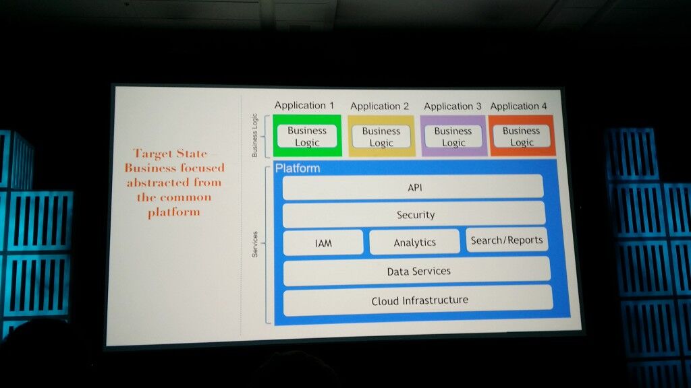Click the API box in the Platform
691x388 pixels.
click(413, 187)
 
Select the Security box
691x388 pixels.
click(414, 214)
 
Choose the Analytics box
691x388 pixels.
click(414, 243)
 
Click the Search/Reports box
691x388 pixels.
click(506, 240)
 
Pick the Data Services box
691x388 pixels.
click(417, 271)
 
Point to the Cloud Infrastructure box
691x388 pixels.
click(418, 300)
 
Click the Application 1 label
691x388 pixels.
click(304, 106)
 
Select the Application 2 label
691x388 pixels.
click(379, 106)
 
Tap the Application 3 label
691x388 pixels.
click(452, 106)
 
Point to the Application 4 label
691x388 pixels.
click(518, 106)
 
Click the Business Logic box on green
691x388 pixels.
click(307, 137)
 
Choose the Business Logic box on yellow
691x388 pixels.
click(381, 137)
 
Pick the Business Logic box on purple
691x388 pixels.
click(453, 137)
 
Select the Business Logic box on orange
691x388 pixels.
click(521, 137)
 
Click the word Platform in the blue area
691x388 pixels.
click(298, 168)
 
